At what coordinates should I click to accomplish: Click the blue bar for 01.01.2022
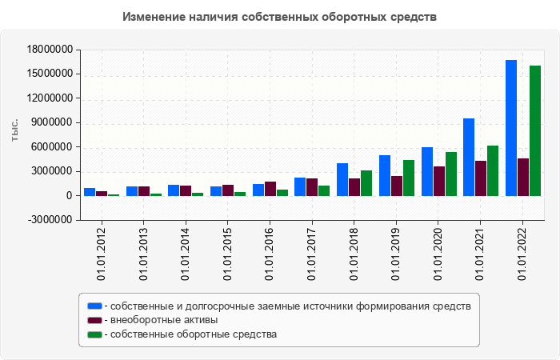pos(511,128)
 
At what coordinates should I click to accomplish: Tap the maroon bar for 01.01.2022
pos(523,177)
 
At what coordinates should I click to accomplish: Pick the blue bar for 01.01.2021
pos(469,157)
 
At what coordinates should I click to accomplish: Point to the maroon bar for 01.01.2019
pos(397,186)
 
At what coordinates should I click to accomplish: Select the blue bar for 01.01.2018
pos(342,179)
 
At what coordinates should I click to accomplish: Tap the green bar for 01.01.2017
pos(324,190)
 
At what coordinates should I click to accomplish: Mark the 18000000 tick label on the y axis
pos(50,50)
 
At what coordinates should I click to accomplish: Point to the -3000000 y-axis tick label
pos(50,220)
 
